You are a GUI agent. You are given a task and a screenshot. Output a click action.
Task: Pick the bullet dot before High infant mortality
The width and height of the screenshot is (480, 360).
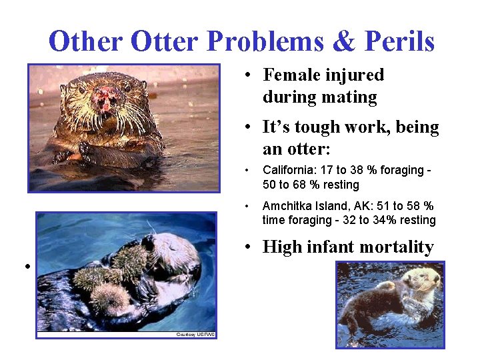(x=247, y=248)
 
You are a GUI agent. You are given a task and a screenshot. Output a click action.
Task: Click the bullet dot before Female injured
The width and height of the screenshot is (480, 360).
(x=247, y=75)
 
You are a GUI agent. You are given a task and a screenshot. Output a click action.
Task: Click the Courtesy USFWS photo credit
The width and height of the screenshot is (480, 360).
(x=195, y=334)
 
